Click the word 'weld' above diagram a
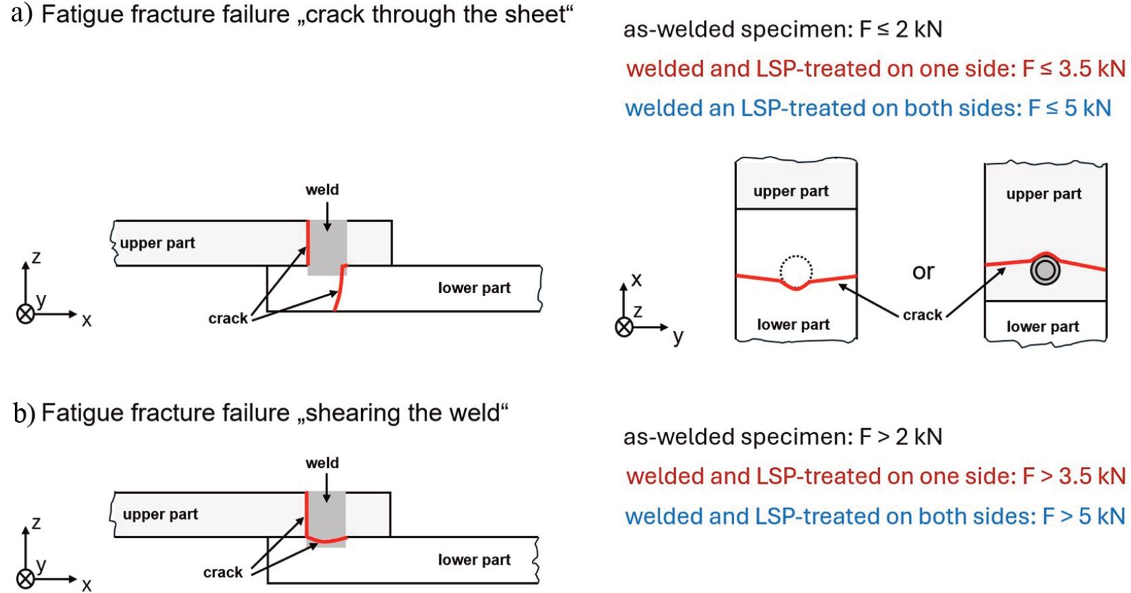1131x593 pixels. click(322, 190)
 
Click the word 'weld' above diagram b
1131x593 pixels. click(322, 463)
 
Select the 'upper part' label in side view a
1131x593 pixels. click(157, 243)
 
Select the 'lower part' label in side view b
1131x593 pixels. click(474, 559)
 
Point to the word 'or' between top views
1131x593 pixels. click(923, 271)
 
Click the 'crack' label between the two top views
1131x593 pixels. click(922, 315)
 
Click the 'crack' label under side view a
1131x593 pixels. click(228, 318)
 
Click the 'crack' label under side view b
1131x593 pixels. click(223, 572)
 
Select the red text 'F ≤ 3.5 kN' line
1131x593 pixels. click(875, 69)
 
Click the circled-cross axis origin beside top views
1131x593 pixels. click(625, 327)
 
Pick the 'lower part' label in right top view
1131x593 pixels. click(1042, 327)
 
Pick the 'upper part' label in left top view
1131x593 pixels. click(791, 191)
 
